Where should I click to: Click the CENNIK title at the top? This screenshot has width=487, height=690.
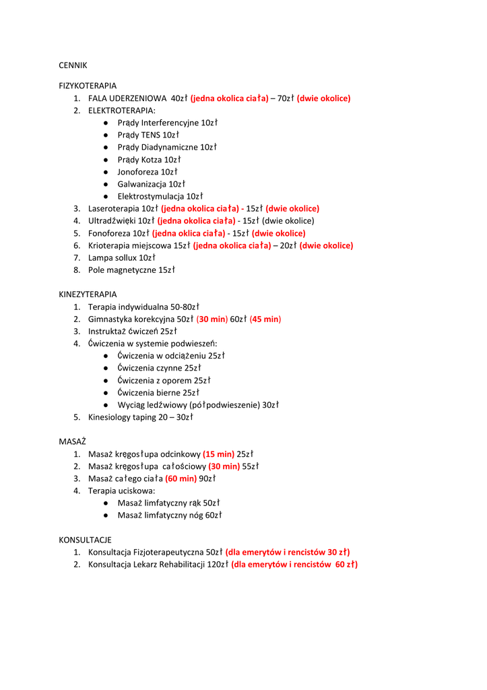point(73,65)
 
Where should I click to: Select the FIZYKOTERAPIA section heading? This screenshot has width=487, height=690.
point(88,86)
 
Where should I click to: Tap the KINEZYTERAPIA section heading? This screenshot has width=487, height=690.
point(88,294)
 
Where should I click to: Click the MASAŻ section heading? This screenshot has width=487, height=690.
point(73,441)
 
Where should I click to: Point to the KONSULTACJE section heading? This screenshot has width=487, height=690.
point(85,540)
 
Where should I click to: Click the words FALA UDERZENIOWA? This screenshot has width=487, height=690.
point(127,98)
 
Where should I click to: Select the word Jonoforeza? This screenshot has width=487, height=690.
point(137,172)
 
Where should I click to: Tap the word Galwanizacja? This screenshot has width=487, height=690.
point(141,184)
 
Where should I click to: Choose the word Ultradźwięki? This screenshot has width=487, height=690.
point(112,221)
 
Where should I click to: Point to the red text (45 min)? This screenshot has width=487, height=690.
point(265,319)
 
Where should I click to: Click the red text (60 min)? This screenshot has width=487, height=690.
point(181,478)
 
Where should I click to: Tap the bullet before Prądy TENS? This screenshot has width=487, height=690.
point(107,135)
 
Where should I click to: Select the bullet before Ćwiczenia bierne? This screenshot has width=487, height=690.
point(107,393)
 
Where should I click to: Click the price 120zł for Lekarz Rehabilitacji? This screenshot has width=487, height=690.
point(218,565)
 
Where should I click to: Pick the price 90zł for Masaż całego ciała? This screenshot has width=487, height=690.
point(207,478)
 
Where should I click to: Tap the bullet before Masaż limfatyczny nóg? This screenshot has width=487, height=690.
point(107,515)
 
